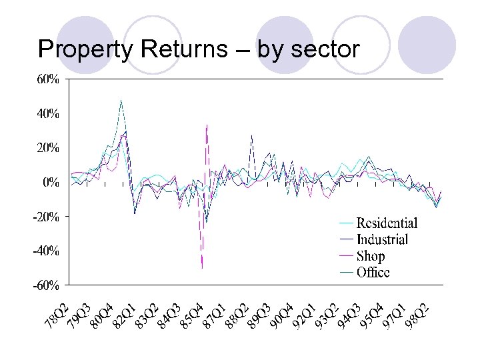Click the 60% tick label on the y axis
click(x=47, y=79)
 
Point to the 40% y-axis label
click(x=47, y=113)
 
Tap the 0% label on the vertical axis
click(x=50, y=182)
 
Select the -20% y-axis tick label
click(x=45, y=217)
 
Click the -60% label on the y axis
click(x=45, y=285)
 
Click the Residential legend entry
click(x=387, y=223)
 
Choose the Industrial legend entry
click(x=382, y=239)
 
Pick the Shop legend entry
click(x=371, y=256)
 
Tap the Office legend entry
click(x=373, y=272)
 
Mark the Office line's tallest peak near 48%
click(x=121, y=100)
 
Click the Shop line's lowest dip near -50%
click(x=202, y=267)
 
